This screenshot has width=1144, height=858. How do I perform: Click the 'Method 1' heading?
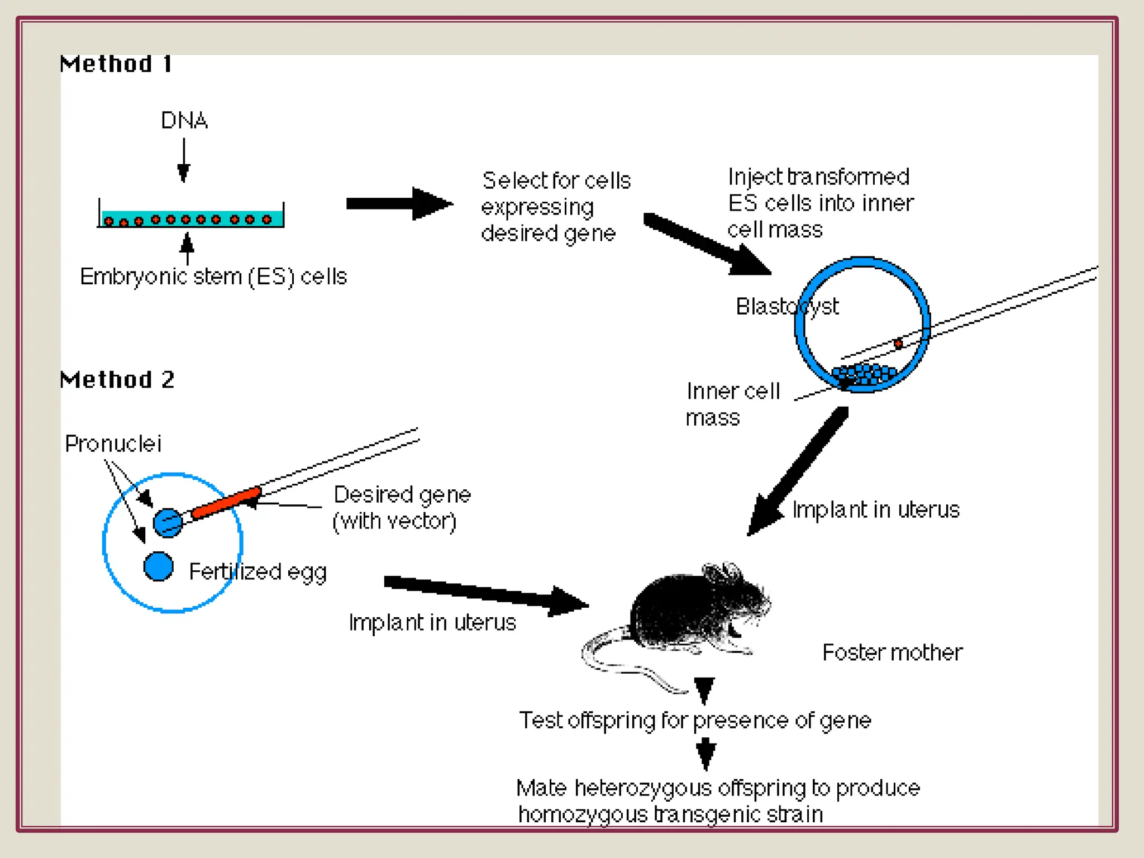pyautogui.click(x=116, y=64)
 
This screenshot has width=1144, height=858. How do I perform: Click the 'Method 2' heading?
pyautogui.click(x=117, y=380)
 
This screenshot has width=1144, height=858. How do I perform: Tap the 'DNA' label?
pyautogui.click(x=184, y=121)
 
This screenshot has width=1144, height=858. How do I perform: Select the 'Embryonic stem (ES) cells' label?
pyautogui.click(x=213, y=277)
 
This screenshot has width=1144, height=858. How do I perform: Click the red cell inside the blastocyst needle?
pyautogui.click(x=898, y=344)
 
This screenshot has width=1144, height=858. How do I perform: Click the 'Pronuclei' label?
pyautogui.click(x=113, y=444)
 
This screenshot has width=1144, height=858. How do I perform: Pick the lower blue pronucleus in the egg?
pyautogui.click(x=159, y=566)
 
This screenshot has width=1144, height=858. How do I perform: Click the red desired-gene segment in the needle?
pyautogui.click(x=226, y=503)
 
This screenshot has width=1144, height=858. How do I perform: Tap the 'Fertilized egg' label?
pyautogui.click(x=258, y=572)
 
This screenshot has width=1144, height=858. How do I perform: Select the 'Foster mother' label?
pyautogui.click(x=892, y=652)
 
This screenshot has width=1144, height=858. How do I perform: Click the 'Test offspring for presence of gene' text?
pyautogui.click(x=695, y=721)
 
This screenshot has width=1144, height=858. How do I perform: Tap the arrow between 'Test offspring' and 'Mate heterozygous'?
pyautogui.click(x=706, y=754)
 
